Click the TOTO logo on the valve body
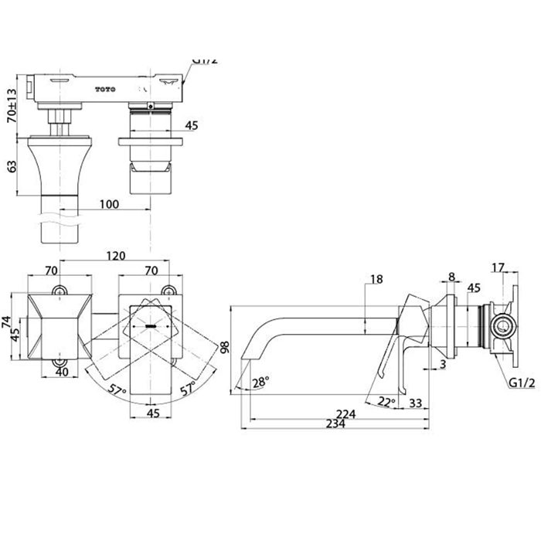tap(105, 89)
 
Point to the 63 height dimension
tap(11, 166)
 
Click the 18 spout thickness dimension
tap(376, 280)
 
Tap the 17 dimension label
tap(498, 268)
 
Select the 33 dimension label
tap(414, 402)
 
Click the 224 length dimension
tap(345, 414)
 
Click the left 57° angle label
tap(117, 390)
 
